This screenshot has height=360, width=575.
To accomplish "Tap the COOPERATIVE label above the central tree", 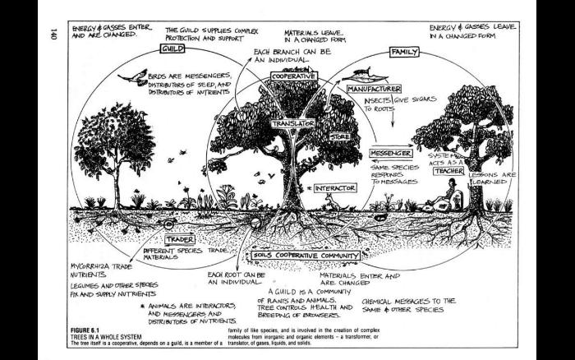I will tap(293, 76).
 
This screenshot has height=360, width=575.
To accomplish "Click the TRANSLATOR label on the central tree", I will tap(293, 122).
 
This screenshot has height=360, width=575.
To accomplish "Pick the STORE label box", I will tap(339, 136).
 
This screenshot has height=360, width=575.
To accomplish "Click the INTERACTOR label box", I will tap(333, 188).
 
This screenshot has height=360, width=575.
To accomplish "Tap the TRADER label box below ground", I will tap(179, 239).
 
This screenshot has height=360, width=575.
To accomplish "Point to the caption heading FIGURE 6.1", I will tap(93, 327).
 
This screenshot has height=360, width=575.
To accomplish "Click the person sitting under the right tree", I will tap(450, 197).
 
